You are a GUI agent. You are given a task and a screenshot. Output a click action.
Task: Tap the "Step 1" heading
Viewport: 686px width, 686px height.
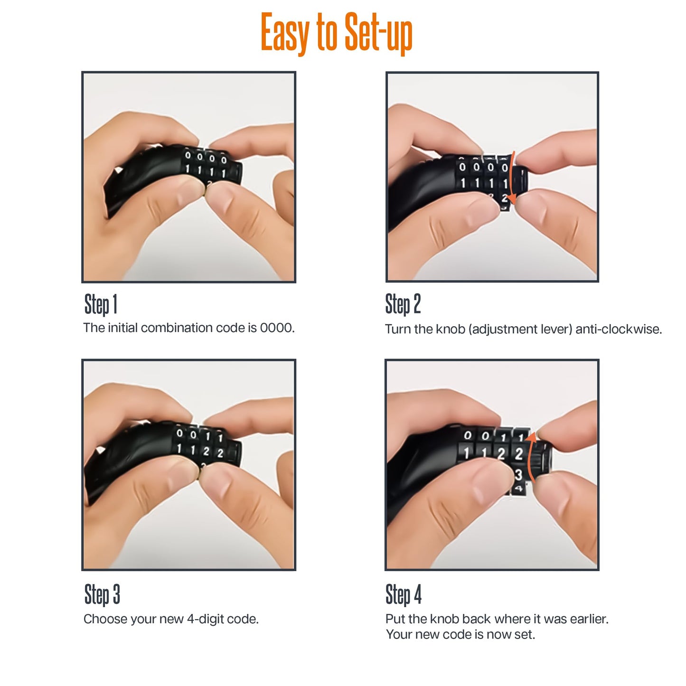[x=101, y=304]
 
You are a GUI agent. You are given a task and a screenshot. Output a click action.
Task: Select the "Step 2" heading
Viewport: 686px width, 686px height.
[x=403, y=304]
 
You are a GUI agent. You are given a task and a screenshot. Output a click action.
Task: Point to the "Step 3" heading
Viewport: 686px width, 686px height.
[x=102, y=594]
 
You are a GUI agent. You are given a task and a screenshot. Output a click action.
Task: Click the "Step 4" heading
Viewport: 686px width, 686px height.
[x=403, y=594]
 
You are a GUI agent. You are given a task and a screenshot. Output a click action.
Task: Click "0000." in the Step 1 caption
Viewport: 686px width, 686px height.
[x=277, y=328]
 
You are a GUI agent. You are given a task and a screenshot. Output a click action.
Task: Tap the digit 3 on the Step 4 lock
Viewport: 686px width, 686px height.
[x=518, y=474]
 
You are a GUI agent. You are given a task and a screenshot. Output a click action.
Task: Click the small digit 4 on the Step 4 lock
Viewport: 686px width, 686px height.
[x=518, y=489]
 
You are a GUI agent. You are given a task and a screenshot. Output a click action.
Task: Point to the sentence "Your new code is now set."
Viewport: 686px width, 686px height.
[x=460, y=635]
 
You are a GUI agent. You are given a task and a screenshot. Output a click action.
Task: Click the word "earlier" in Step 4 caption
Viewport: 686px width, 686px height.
[x=588, y=619]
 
